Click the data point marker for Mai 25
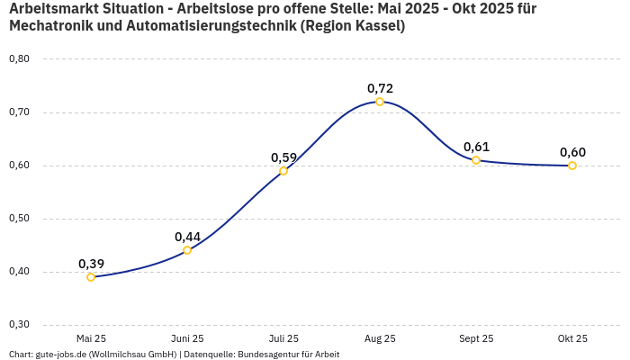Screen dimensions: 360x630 coord(91,277)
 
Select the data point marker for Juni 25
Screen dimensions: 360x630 coord(187,250)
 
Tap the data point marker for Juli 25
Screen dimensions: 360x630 coord(283,171)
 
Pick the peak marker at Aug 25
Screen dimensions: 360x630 coord(380,102)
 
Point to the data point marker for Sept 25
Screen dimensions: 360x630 coord(476,160)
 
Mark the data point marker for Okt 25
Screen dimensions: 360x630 coord(572,166)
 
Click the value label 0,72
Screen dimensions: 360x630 coord(380,88)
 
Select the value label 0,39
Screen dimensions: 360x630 coord(91,264)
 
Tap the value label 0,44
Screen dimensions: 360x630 coord(187,237)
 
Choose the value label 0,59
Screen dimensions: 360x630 coord(283,157)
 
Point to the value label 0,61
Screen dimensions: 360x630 coord(476,147)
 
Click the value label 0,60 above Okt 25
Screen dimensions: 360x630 coord(572,152)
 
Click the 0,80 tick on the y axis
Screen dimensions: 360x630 coord(19,59)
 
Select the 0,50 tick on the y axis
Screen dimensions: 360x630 coord(19,219)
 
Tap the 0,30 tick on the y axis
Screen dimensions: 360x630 coord(19,325)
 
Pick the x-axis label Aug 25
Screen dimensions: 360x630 coord(380,338)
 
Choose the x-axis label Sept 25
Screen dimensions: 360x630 coord(476,338)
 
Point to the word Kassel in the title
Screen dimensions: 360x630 coord(376,26)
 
